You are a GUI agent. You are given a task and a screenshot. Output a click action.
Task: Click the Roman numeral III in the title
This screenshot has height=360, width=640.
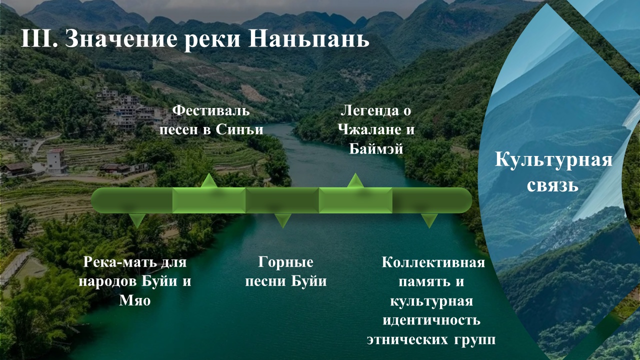[39, 38]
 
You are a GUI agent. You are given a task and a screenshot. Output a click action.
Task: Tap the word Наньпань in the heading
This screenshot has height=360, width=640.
[309, 38]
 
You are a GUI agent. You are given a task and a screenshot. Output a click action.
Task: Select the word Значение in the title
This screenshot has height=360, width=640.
[121, 39]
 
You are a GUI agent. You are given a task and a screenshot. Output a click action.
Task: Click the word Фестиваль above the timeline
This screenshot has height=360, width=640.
[211, 110]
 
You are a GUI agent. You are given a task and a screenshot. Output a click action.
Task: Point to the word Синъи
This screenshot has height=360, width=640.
[239, 129]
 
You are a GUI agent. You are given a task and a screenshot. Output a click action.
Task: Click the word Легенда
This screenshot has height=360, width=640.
[369, 111]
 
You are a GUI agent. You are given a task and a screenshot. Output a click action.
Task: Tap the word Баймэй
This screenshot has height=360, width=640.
[376, 148]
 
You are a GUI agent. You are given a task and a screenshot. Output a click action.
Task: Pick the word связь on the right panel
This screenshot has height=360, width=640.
[552, 185]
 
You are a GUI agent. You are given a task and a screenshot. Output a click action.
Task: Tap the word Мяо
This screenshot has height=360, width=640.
[135, 300]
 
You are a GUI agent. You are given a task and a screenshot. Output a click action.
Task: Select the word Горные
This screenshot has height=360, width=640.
[285, 262]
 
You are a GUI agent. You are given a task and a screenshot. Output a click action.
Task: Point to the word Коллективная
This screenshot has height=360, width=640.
[433, 262]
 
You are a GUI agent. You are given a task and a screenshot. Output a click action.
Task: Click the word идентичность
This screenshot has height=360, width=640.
[431, 320]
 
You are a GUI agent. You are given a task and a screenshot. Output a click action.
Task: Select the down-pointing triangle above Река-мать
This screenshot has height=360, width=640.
[137, 219]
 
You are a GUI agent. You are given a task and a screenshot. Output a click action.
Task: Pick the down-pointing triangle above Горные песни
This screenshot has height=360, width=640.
[283, 219]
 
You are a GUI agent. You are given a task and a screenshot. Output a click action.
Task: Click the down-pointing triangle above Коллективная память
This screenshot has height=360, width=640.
[429, 219]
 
